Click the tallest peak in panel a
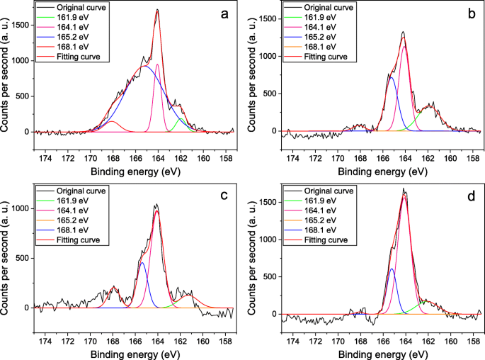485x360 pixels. (x=157, y=10)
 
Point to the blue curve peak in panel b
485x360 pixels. (x=392, y=77)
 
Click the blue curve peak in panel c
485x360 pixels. (x=143, y=262)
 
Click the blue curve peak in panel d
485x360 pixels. (x=392, y=269)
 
